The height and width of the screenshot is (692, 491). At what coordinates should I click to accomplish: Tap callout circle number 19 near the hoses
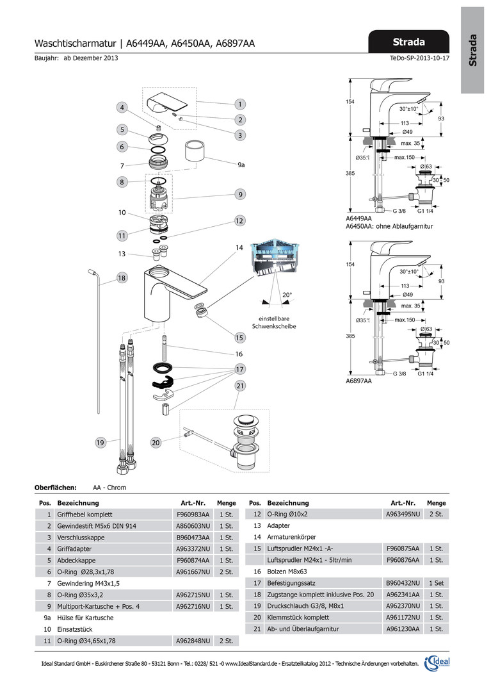[101, 442]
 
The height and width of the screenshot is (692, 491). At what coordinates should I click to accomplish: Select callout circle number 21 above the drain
[239, 386]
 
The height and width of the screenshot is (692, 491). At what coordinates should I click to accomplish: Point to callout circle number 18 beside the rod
[122, 277]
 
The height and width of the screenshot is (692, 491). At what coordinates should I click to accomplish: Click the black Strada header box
[409, 42]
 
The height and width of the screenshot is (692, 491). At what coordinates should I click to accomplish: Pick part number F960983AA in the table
[193, 514]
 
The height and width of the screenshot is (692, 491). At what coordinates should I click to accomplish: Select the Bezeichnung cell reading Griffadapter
[76, 548]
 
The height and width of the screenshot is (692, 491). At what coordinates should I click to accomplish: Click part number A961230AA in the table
[402, 629]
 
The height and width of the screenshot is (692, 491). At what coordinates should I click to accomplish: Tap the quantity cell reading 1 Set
[437, 583]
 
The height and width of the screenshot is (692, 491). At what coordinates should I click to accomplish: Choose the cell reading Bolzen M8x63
[289, 572]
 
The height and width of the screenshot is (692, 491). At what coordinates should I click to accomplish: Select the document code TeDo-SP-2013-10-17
[419, 58]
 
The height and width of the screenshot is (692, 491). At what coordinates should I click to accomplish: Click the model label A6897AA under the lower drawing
[359, 381]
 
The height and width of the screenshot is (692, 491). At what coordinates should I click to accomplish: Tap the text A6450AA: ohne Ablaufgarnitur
[389, 226]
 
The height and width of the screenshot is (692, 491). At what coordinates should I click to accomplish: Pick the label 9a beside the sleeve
[241, 165]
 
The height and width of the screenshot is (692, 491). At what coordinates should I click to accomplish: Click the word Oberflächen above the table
[55, 488]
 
